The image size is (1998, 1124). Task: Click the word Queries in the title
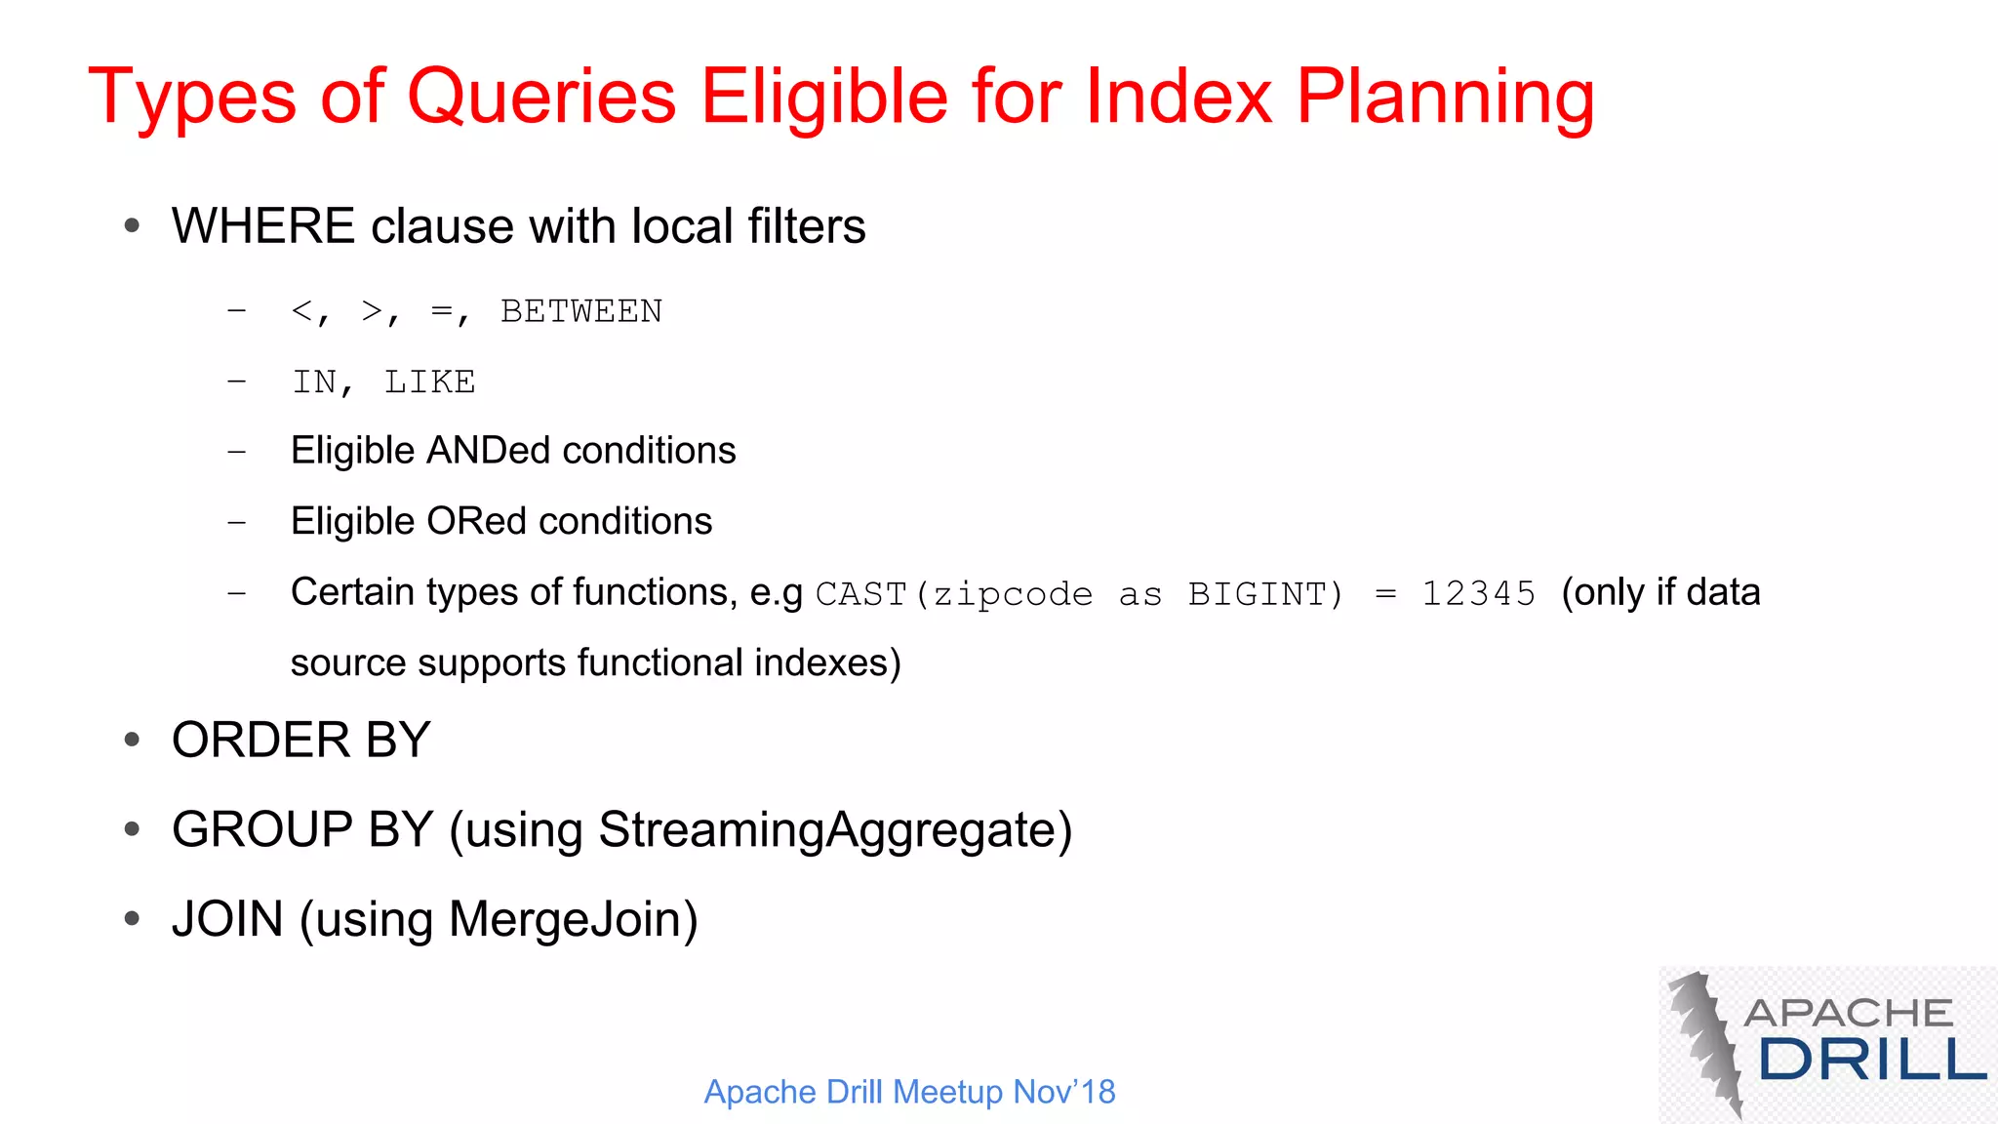point(540,98)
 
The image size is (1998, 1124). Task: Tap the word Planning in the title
point(1445,98)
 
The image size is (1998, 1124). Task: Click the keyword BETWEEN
point(581,311)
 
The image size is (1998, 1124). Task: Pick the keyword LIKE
point(429,381)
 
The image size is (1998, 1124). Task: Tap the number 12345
point(1478,593)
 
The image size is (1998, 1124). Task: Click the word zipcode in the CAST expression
point(1013,593)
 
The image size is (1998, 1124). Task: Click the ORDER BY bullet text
point(300,740)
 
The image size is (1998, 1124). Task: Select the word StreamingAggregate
point(827,829)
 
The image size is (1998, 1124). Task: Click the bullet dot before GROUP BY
point(133,829)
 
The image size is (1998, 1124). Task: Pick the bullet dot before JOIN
point(133,919)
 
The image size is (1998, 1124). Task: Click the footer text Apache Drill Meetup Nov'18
point(909,1091)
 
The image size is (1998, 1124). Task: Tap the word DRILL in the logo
point(1871,1060)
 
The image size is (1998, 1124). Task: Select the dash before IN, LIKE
point(236,381)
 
